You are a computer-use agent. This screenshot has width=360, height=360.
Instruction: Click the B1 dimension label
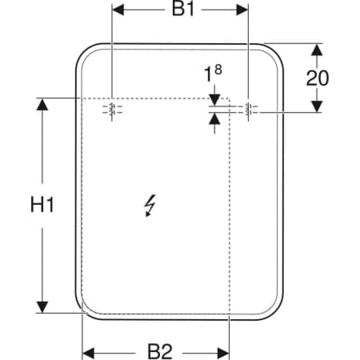click(183, 10)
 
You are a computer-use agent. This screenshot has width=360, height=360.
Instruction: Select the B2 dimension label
click(160, 351)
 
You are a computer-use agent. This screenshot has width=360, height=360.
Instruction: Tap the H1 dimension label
click(42, 205)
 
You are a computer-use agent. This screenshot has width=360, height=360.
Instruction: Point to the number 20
click(318, 78)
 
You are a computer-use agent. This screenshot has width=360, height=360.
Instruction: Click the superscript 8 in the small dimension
click(218, 70)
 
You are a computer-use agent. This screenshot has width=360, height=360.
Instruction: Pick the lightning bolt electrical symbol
click(150, 206)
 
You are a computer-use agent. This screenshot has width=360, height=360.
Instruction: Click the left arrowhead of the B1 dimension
click(118, 10)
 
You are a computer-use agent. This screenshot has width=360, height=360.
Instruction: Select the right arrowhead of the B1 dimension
click(242, 10)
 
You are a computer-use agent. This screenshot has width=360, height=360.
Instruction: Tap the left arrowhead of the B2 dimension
click(88, 354)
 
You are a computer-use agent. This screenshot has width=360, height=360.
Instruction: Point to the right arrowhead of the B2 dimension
click(223, 354)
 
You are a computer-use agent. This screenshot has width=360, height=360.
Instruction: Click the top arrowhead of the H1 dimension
click(42, 104)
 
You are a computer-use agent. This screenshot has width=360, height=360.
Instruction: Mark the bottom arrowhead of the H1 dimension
click(42, 307)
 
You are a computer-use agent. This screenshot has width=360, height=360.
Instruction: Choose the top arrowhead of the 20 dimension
click(317, 50)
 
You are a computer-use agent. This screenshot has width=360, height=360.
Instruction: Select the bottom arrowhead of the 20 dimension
click(317, 106)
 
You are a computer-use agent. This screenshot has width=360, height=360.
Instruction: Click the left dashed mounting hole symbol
click(112, 109)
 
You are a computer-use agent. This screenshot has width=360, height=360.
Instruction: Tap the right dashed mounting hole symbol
click(248, 109)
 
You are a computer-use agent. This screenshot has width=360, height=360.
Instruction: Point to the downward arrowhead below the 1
click(214, 100)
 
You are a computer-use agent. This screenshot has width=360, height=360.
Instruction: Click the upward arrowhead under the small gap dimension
click(214, 119)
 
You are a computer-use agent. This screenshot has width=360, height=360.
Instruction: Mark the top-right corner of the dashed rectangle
click(230, 98)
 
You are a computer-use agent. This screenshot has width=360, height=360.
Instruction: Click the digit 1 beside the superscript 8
click(208, 75)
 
